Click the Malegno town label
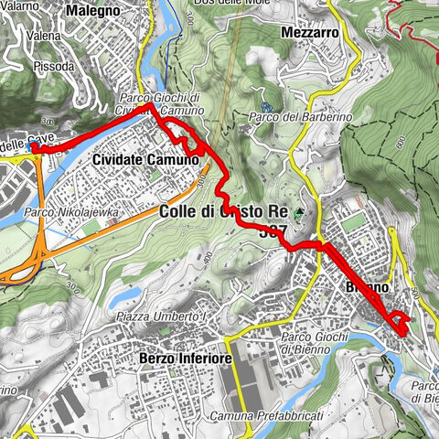93,11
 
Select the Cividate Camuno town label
145,160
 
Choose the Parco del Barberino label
288,118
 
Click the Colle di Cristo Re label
224,211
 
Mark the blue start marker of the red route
34,147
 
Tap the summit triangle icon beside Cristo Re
299,213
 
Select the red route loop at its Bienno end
401,322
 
